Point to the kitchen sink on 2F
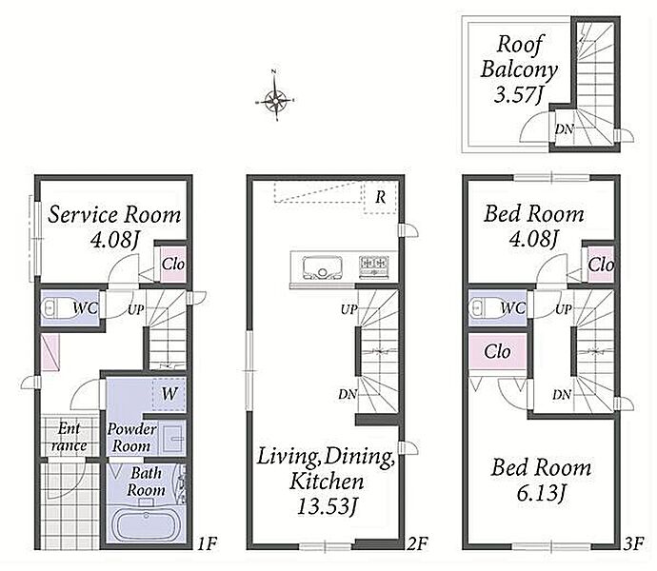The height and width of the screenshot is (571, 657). click(322, 267)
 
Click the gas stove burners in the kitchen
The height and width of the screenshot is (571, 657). click(374, 266)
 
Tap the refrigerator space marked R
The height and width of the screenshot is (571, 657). click(381, 198)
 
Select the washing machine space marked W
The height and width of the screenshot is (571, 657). click(169, 394)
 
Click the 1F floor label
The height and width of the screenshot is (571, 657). click(207, 543)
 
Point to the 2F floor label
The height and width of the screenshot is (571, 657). click(417, 543)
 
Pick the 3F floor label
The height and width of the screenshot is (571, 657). click(633, 543)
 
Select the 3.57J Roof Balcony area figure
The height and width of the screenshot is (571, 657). click(518, 94)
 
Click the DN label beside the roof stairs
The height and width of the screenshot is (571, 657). click(564, 129)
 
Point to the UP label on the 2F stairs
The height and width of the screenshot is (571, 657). click(348, 309)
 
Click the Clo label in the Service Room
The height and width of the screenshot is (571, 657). click(173, 264)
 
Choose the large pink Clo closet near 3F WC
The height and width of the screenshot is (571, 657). click(497, 351)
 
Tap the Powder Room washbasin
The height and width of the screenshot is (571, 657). click(173, 438)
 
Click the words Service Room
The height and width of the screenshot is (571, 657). click(114, 215)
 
